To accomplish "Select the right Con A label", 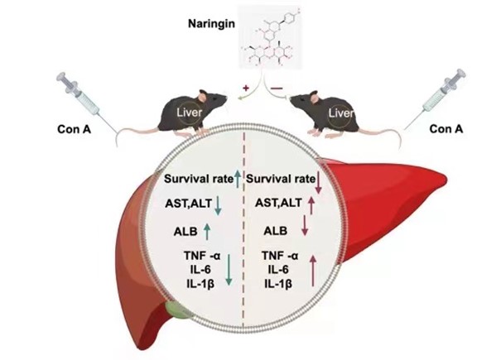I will click(x=446, y=128).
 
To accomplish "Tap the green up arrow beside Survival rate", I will click(x=237, y=176).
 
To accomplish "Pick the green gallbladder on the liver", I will click(x=176, y=312).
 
